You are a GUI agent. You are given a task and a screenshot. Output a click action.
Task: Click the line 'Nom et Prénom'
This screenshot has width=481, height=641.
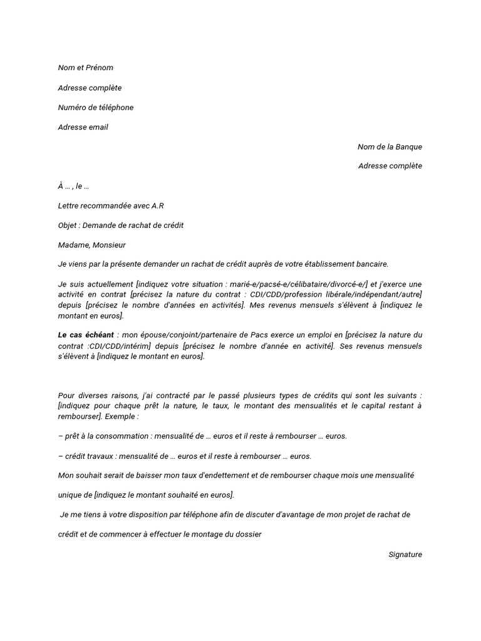pyautogui.click(x=86, y=68)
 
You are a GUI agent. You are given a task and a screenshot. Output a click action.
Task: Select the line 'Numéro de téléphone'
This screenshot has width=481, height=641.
pyautogui.click(x=96, y=107)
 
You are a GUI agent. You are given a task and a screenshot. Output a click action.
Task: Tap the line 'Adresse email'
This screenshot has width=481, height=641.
pyautogui.click(x=83, y=127)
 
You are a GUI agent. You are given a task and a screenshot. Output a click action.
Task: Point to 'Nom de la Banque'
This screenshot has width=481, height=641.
pyautogui.click(x=390, y=146)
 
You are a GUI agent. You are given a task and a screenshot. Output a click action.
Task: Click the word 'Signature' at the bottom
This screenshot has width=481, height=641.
pyautogui.click(x=405, y=554)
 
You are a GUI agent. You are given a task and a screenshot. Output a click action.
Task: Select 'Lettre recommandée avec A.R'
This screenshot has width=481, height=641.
pyautogui.click(x=111, y=205)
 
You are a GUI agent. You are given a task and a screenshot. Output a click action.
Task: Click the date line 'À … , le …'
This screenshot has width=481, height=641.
pyautogui.click(x=73, y=186)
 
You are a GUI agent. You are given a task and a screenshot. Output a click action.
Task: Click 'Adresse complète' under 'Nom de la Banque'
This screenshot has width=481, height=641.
pyautogui.click(x=390, y=166)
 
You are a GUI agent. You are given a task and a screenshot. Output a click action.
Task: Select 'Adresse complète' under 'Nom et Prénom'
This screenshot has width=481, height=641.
pyautogui.click(x=90, y=88)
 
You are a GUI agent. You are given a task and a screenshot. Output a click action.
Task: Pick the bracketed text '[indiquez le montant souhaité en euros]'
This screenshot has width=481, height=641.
pyautogui.click(x=164, y=495)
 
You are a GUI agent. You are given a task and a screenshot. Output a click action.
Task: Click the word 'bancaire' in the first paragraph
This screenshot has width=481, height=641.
pyautogui.click(x=374, y=264)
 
